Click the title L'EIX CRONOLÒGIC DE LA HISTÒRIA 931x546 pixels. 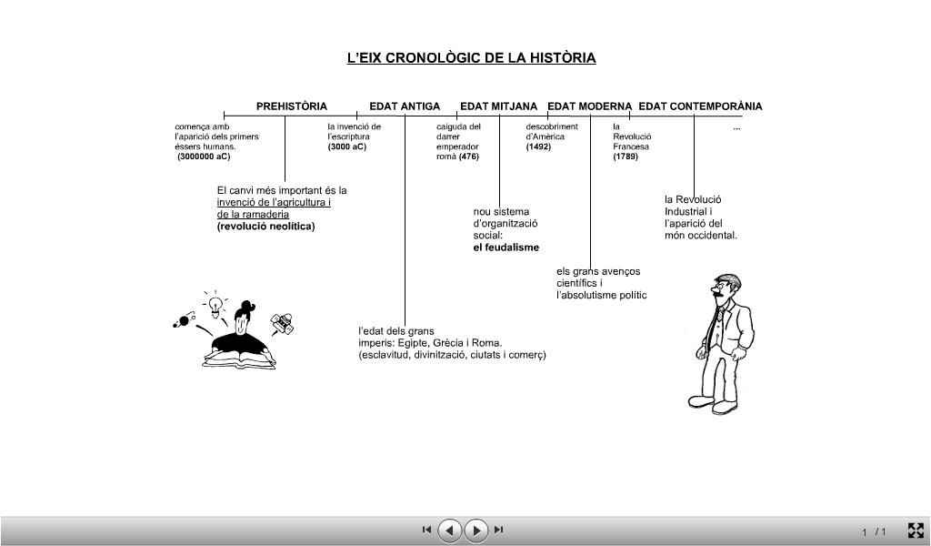(471, 58)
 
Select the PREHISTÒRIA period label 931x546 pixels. (291, 106)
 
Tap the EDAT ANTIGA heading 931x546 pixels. (405, 106)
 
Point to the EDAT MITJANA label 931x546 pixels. (498, 106)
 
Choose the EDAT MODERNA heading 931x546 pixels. (589, 106)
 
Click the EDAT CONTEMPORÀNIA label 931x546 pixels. (700, 106)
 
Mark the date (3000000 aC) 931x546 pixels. (205, 157)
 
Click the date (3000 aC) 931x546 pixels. (347, 147)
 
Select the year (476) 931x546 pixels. (469, 157)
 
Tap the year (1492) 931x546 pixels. (538, 147)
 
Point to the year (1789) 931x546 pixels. (626, 157)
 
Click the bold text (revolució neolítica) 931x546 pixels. (265, 227)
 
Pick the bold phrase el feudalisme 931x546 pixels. (506, 248)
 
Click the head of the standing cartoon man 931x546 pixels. (725, 289)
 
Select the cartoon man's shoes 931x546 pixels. (712, 404)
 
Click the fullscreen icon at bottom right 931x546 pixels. (916, 530)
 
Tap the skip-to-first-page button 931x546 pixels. (426, 530)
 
